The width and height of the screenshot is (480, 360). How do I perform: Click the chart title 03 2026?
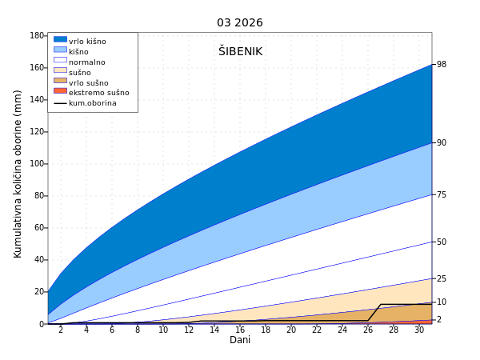click(239, 22)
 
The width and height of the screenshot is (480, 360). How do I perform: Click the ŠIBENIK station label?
click(240, 51)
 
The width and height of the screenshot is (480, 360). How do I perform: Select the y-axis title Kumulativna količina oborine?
click(18, 174)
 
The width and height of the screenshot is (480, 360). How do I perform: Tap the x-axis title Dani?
click(240, 340)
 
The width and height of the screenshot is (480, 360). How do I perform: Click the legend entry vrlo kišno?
click(87, 42)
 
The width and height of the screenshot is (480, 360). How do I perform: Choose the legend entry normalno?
click(86, 62)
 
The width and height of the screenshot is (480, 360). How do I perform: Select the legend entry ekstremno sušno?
click(98, 93)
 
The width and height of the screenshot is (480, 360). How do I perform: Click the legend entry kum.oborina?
click(92, 103)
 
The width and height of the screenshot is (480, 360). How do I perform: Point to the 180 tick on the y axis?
click(37, 36)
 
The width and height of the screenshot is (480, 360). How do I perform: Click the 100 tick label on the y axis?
click(37, 164)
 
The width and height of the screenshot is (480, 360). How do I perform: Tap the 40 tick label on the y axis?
click(39, 260)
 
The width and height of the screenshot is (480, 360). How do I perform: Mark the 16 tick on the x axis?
click(240, 330)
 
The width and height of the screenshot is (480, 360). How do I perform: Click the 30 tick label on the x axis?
click(419, 330)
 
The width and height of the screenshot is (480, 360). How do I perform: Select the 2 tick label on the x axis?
click(61, 330)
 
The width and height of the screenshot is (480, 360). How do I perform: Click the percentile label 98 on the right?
click(442, 65)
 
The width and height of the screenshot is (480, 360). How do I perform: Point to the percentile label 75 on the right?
click(442, 194)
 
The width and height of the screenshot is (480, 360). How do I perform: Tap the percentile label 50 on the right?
click(442, 242)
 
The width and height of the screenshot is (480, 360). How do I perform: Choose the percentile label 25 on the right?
click(442, 278)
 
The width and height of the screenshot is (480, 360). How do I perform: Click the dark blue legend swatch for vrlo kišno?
click(60, 39)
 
